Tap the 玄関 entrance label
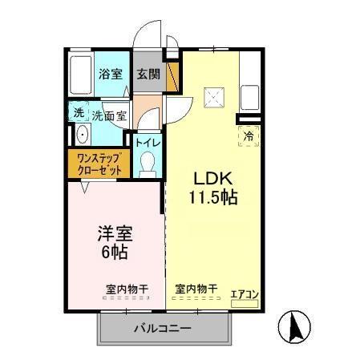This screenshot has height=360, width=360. (148, 75)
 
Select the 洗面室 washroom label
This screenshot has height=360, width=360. (108, 115)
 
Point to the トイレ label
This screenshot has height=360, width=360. (148, 143)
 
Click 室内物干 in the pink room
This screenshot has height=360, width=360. (127, 289)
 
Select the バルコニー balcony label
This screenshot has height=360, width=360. (162, 329)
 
